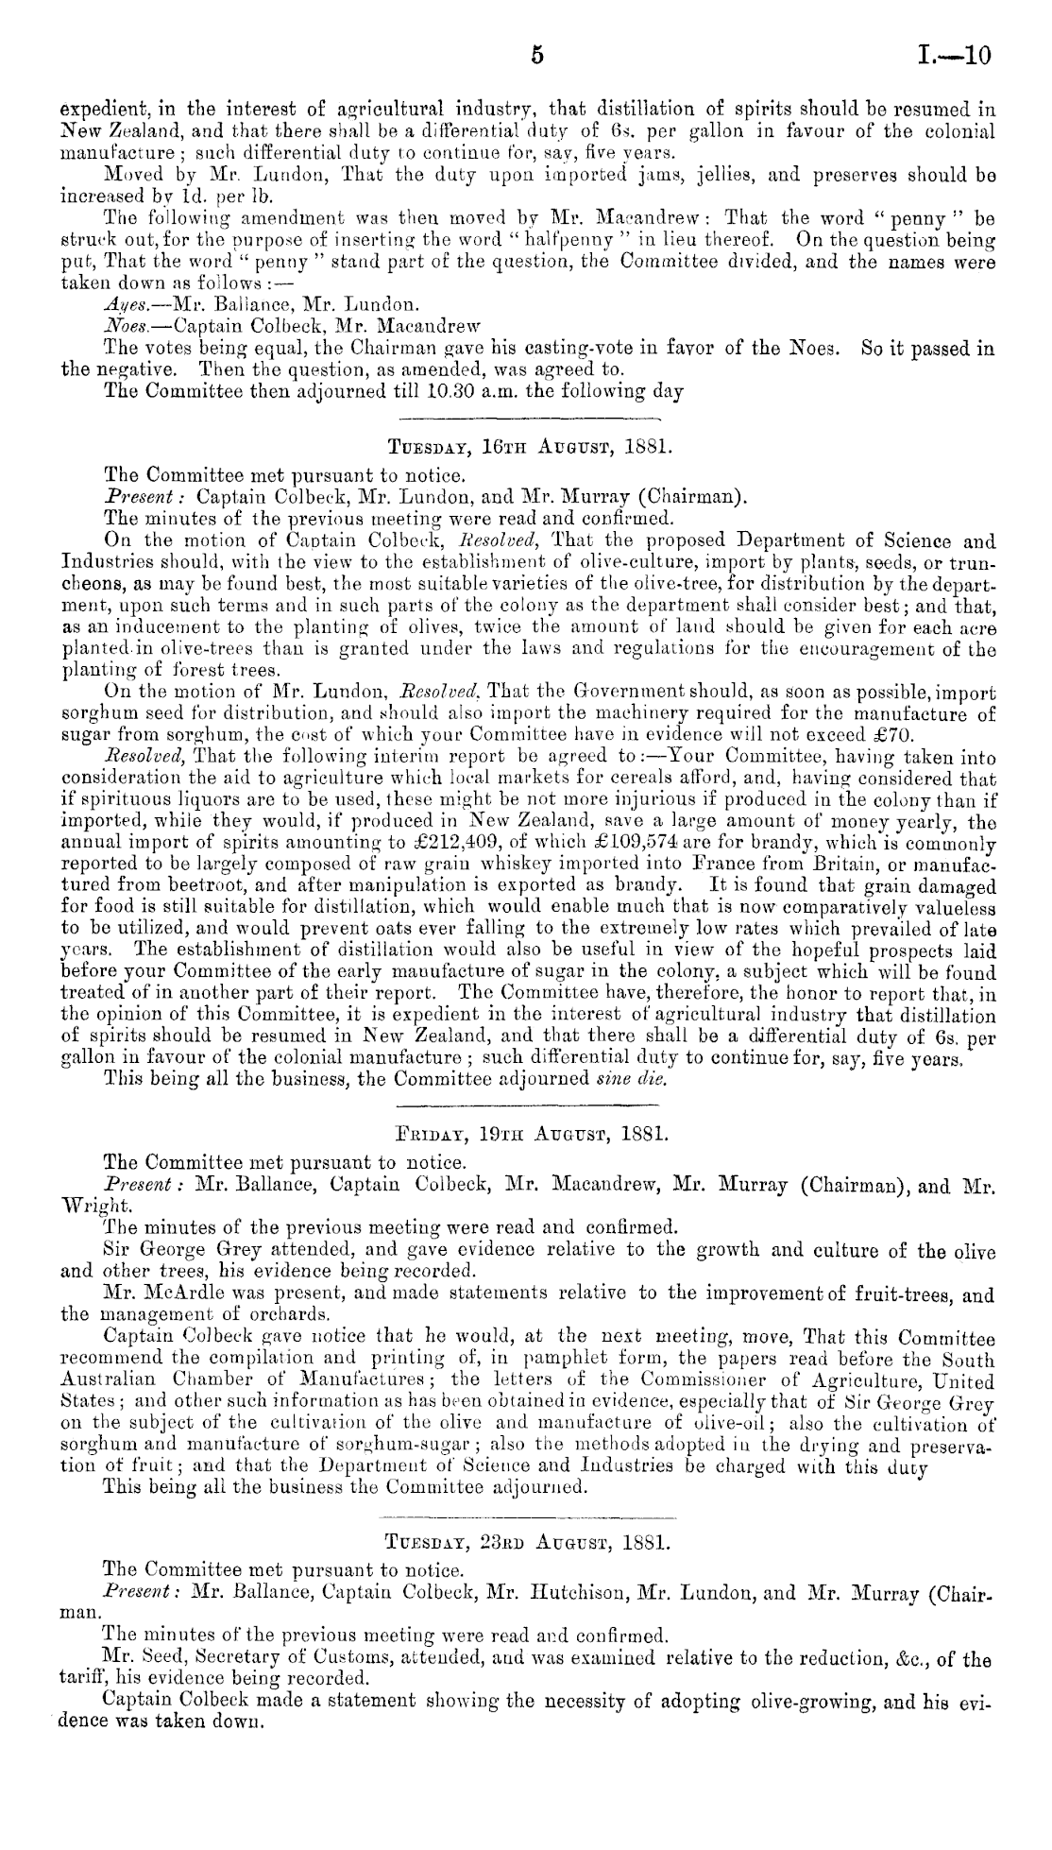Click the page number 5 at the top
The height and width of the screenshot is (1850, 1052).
pos(536,56)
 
